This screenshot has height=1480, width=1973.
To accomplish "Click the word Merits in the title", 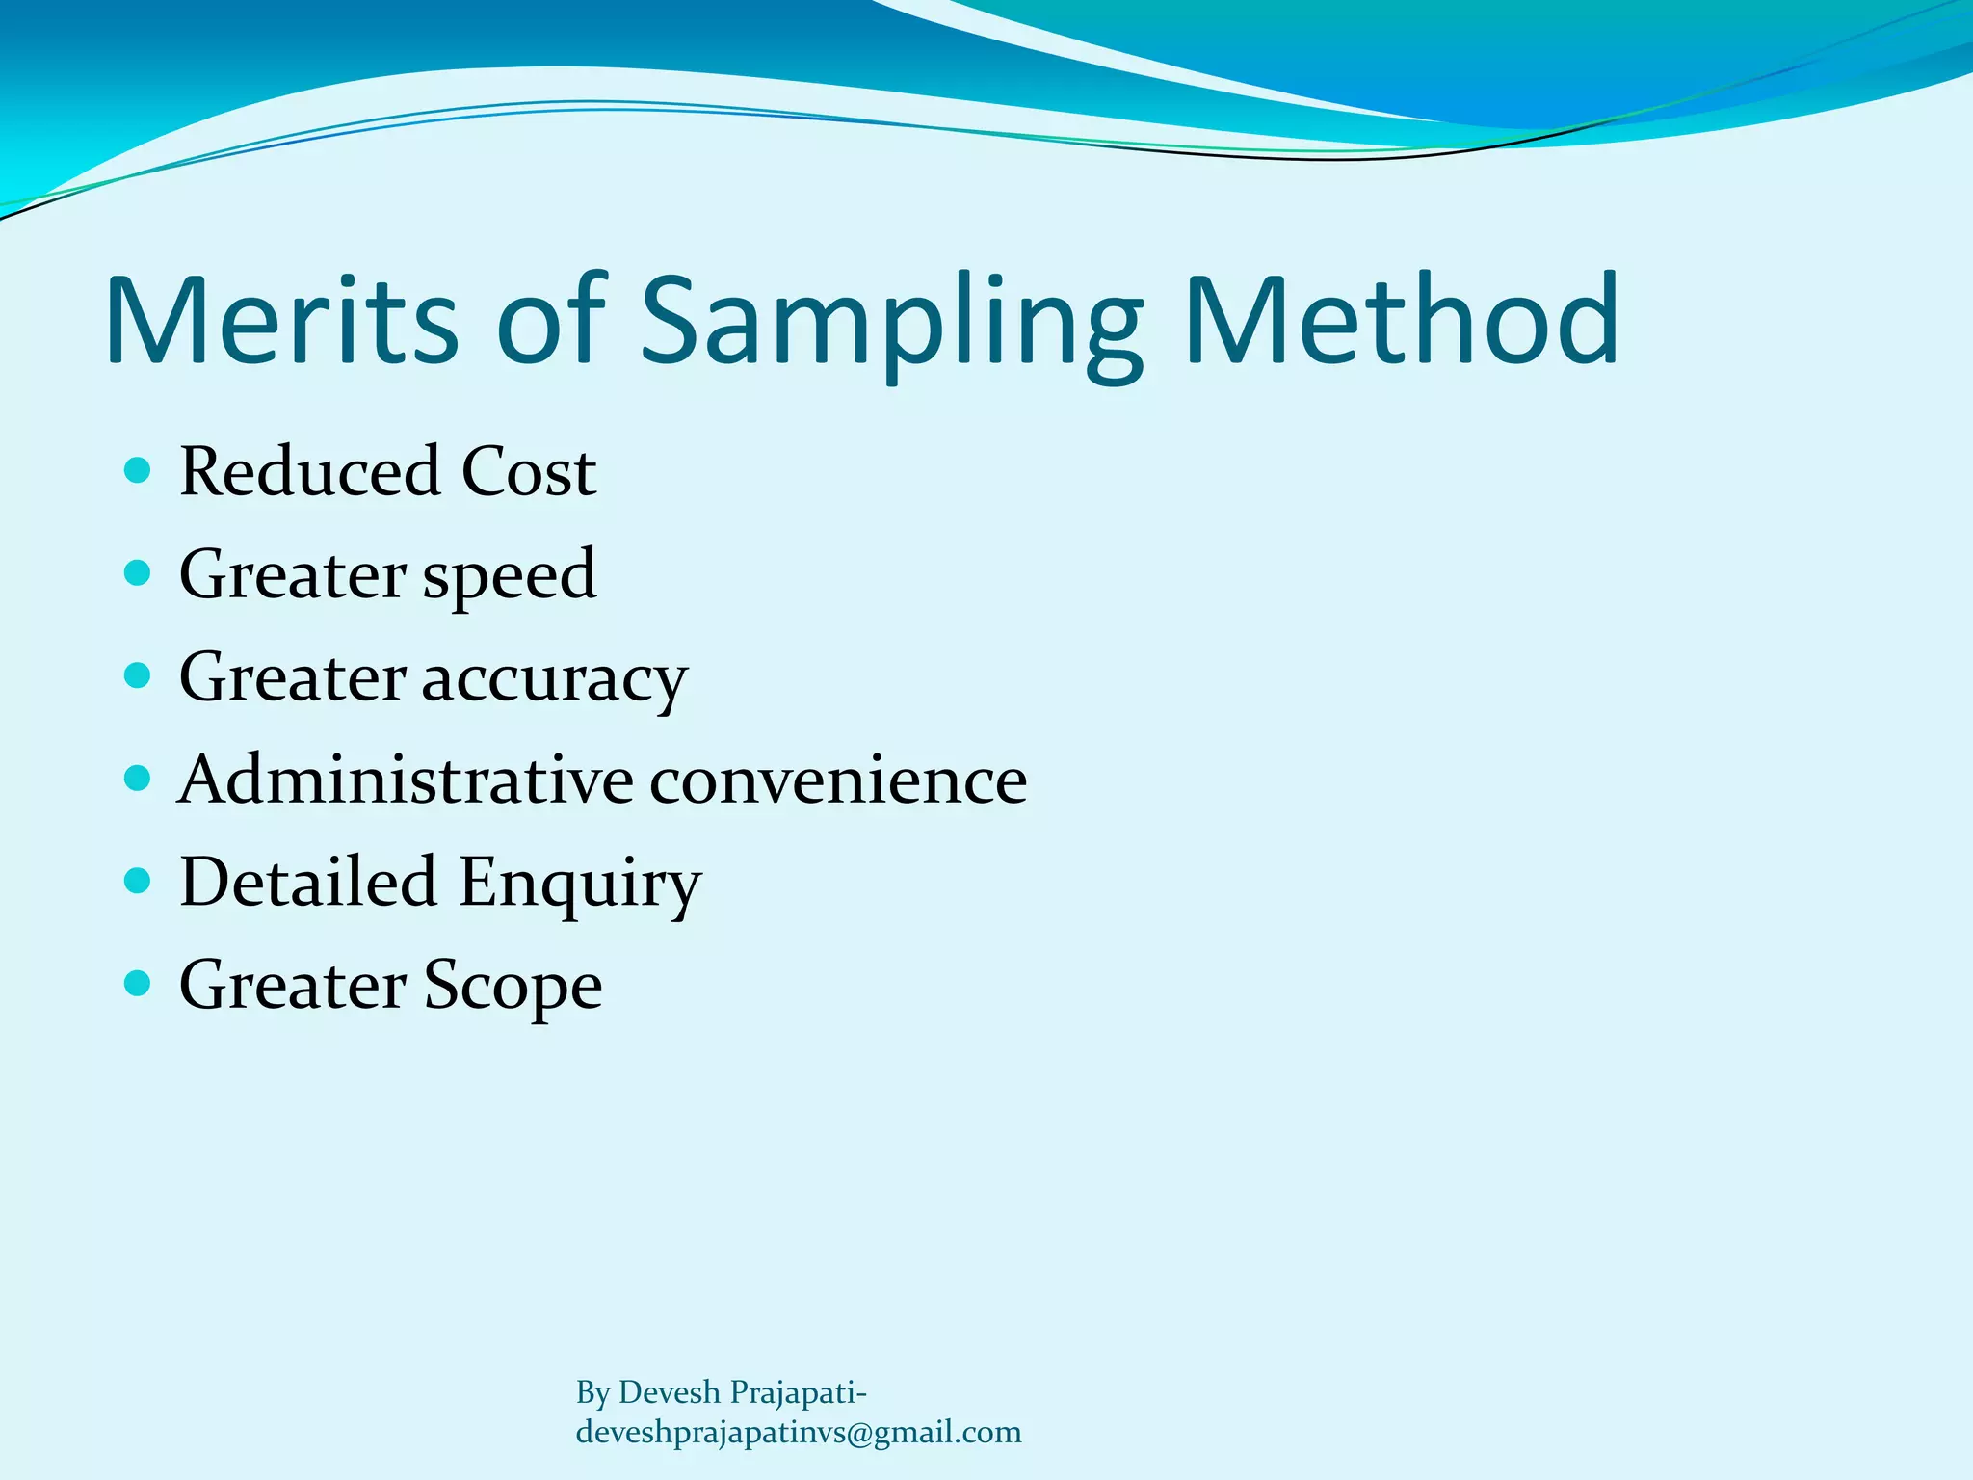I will (281, 320).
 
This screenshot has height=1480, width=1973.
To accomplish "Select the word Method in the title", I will (1402, 320).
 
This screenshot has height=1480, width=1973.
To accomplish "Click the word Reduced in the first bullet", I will (309, 472).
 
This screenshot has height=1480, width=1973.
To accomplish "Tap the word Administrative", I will (406, 780).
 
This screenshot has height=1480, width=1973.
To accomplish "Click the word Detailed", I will (308, 882).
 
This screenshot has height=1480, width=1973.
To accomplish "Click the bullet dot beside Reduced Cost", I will (139, 470).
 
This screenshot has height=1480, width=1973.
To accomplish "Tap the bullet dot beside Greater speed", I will (139, 573).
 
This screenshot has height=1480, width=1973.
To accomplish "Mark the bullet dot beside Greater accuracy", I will (139, 675).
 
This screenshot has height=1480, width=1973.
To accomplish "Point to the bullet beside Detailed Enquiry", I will (139, 881).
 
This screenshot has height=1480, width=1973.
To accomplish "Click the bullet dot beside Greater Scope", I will (139, 983).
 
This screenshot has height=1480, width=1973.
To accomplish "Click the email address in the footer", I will (799, 1433).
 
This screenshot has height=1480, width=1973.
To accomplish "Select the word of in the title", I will (550, 320).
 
